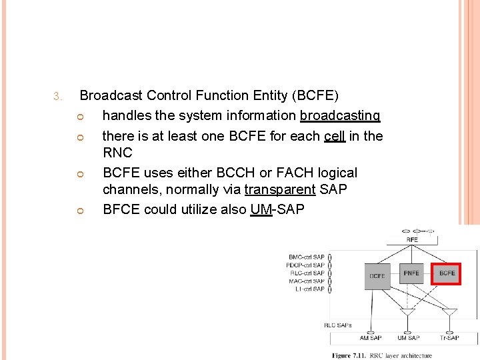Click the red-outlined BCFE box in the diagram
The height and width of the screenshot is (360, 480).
click(447, 273)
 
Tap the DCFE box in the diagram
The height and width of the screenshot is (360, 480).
click(377, 276)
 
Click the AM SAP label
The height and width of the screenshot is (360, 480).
click(371, 338)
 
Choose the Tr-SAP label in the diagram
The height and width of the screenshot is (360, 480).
click(449, 338)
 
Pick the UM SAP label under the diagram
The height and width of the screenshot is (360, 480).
click(409, 338)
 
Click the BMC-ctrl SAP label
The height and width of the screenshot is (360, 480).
click(306, 257)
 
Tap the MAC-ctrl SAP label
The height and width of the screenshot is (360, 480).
click(306, 281)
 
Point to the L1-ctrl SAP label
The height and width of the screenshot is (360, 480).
click(308, 289)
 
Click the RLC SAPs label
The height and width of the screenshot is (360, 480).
click(338, 325)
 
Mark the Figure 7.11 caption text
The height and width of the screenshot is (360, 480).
click(382, 355)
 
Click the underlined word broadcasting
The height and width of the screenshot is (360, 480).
click(340, 115)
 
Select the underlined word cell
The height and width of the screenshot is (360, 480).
click(334, 136)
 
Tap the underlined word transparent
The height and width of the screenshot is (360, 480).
click(279, 189)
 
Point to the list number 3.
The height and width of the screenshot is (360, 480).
click(58, 97)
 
